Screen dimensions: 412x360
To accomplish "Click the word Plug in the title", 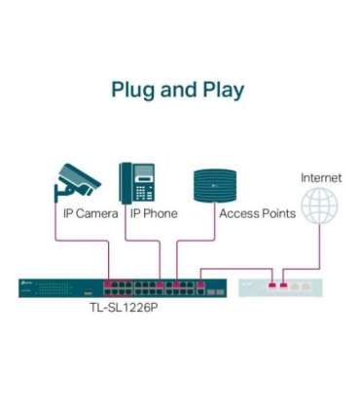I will point(133,91).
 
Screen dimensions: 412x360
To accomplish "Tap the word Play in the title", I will point(221,91).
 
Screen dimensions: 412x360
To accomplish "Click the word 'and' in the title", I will point(176,90).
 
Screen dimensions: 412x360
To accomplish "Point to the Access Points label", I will point(257,213).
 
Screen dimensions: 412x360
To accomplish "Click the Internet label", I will point(320,177).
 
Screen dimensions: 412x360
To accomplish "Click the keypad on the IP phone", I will point(145,191).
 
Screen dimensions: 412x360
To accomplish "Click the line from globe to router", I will point(320,248).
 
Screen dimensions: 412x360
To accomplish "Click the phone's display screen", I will point(145,171).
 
